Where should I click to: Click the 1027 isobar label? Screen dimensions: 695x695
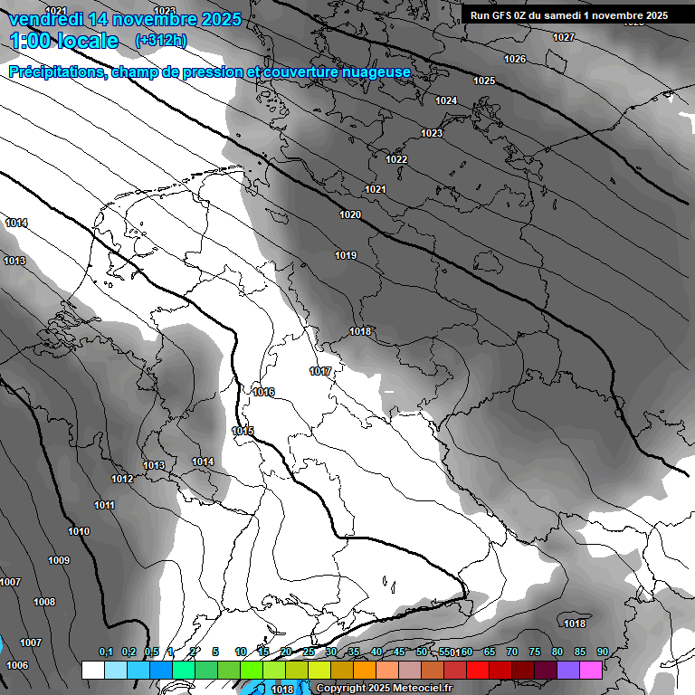pyautogui.click(x=563, y=37)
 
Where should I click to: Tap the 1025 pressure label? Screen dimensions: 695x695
pyautogui.click(x=484, y=81)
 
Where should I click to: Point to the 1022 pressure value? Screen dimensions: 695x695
pyautogui.click(x=396, y=159)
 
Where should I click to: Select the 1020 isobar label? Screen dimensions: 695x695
pyautogui.click(x=350, y=214)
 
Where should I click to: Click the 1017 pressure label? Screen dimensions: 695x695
pyautogui.click(x=320, y=371)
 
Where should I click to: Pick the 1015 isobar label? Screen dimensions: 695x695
pyautogui.click(x=243, y=431)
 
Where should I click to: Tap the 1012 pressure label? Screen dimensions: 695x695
pyautogui.click(x=123, y=479)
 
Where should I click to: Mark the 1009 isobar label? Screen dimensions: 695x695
pyautogui.click(x=59, y=560)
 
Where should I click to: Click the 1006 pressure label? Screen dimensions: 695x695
pyautogui.click(x=17, y=665)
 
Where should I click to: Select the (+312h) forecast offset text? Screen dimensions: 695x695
pyautogui.click(x=161, y=40)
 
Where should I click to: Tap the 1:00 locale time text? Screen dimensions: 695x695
pyautogui.click(x=65, y=41)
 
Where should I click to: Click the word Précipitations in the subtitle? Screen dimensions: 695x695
pyautogui.click(x=56, y=71)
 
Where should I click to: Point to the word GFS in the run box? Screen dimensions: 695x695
pyautogui.click(x=504, y=15)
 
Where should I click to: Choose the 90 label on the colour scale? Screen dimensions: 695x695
pyautogui.click(x=602, y=652)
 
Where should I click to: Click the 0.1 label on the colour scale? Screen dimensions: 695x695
pyautogui.click(x=106, y=652)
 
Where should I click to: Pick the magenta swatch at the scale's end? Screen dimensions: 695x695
pyautogui.click(x=592, y=670)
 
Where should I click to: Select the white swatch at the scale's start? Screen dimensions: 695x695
pyautogui.click(x=92, y=670)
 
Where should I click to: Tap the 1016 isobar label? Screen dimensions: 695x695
pyautogui.click(x=263, y=392)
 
